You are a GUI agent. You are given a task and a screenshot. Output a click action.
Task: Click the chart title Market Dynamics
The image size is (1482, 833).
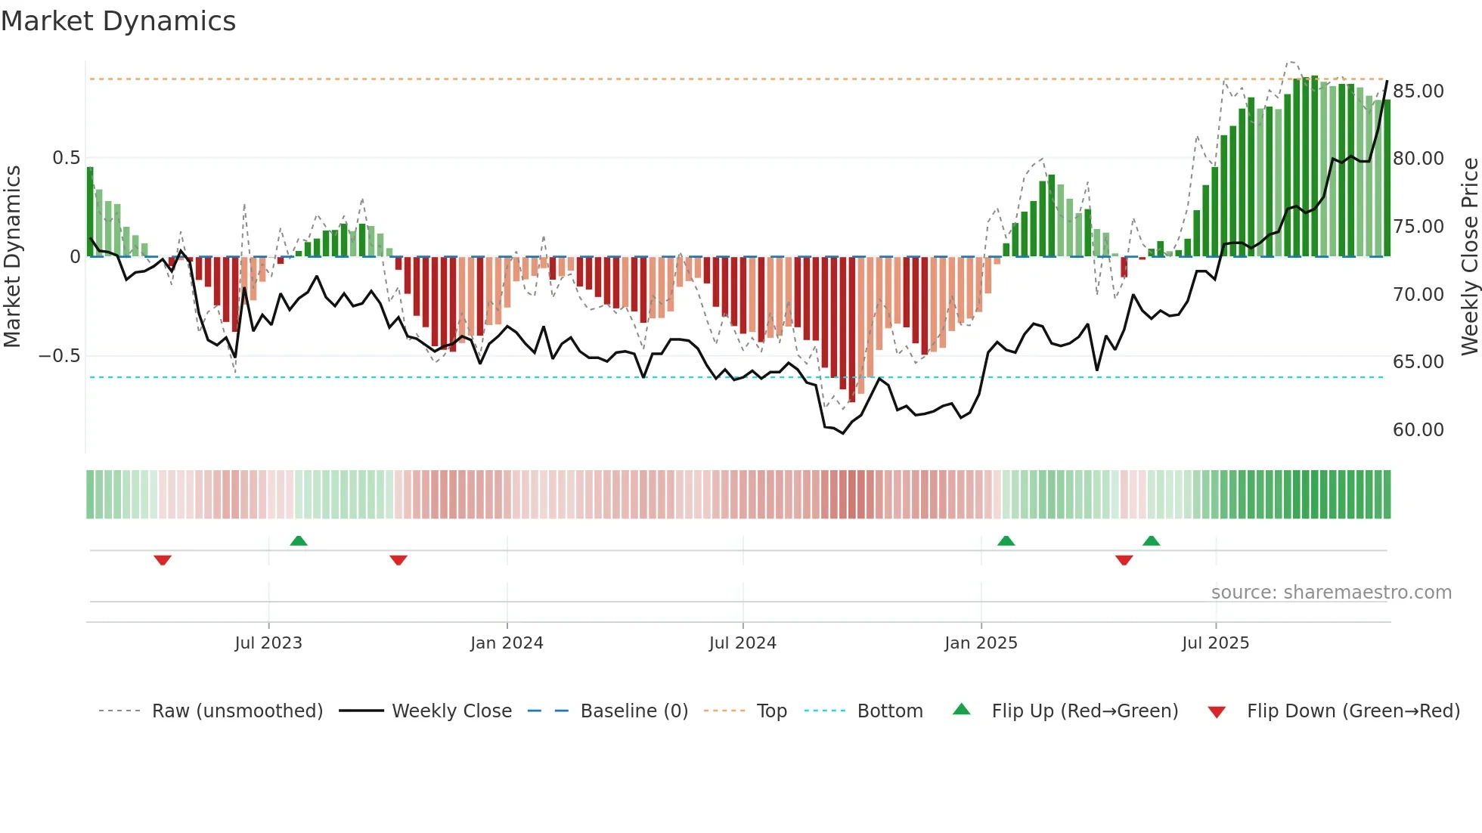tap(118, 21)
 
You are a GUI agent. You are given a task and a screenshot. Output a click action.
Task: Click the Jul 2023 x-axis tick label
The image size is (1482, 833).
tap(268, 643)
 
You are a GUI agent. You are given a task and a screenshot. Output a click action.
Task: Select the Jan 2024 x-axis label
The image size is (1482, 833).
tap(506, 643)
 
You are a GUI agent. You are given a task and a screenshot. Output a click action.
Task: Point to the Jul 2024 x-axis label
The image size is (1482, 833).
tap(742, 643)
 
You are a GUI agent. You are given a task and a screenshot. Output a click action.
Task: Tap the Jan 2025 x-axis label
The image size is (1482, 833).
tap(981, 643)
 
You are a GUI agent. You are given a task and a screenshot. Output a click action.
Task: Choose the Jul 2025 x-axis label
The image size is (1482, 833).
tap(1215, 643)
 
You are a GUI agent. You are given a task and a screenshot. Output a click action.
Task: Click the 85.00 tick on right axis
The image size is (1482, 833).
tap(1418, 91)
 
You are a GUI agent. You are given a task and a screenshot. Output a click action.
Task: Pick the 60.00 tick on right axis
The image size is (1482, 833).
tap(1418, 430)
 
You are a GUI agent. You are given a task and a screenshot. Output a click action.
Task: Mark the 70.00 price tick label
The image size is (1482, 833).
tap(1418, 295)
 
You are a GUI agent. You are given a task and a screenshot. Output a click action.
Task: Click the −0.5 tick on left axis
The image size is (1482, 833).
tap(60, 356)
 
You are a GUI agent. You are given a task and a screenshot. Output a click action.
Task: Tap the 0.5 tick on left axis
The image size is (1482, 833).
tap(66, 158)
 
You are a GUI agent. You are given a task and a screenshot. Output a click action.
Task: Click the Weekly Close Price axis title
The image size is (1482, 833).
tap(1469, 257)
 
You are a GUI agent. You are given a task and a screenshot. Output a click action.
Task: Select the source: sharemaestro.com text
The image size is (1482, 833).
tap(1331, 593)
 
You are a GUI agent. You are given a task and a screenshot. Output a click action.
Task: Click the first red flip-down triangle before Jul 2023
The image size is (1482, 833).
tap(163, 560)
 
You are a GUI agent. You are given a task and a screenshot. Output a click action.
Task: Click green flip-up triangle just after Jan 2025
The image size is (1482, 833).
tap(1006, 540)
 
